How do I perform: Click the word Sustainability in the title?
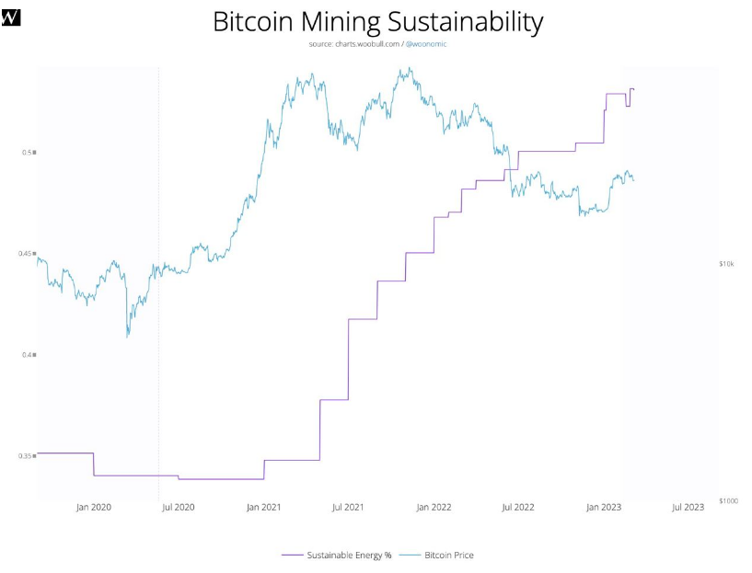[x=465, y=22]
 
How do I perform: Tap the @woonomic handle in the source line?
[x=426, y=44]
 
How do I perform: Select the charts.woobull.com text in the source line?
[x=367, y=44]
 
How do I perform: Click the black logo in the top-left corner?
[x=11, y=17]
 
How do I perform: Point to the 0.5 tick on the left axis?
[x=29, y=153]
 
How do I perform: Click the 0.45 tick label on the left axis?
[x=27, y=254]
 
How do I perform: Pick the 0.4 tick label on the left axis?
[x=29, y=354]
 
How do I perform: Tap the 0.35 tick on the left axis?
[x=27, y=455]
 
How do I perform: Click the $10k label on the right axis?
[x=726, y=264]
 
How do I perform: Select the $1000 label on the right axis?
[x=728, y=500]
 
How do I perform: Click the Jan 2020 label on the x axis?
[x=94, y=507]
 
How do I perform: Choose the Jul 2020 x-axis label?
[x=179, y=507]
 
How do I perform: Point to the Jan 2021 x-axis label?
[x=263, y=507]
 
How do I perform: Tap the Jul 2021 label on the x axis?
[x=348, y=507]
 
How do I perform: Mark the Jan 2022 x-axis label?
[x=434, y=507]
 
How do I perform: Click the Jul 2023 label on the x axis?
[x=688, y=507]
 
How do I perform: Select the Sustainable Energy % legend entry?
[x=337, y=556]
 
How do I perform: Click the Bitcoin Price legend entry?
[x=437, y=556]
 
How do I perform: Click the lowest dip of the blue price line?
[x=127, y=338]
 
